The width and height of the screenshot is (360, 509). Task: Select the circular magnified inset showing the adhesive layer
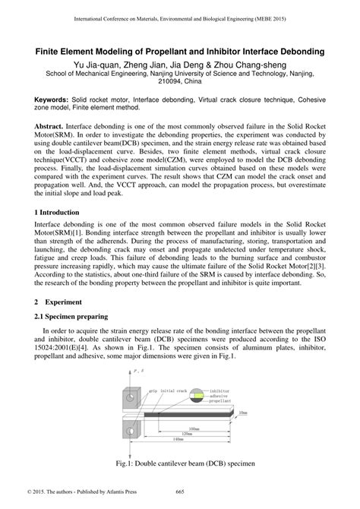pyautogui.click(x=197, y=396)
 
